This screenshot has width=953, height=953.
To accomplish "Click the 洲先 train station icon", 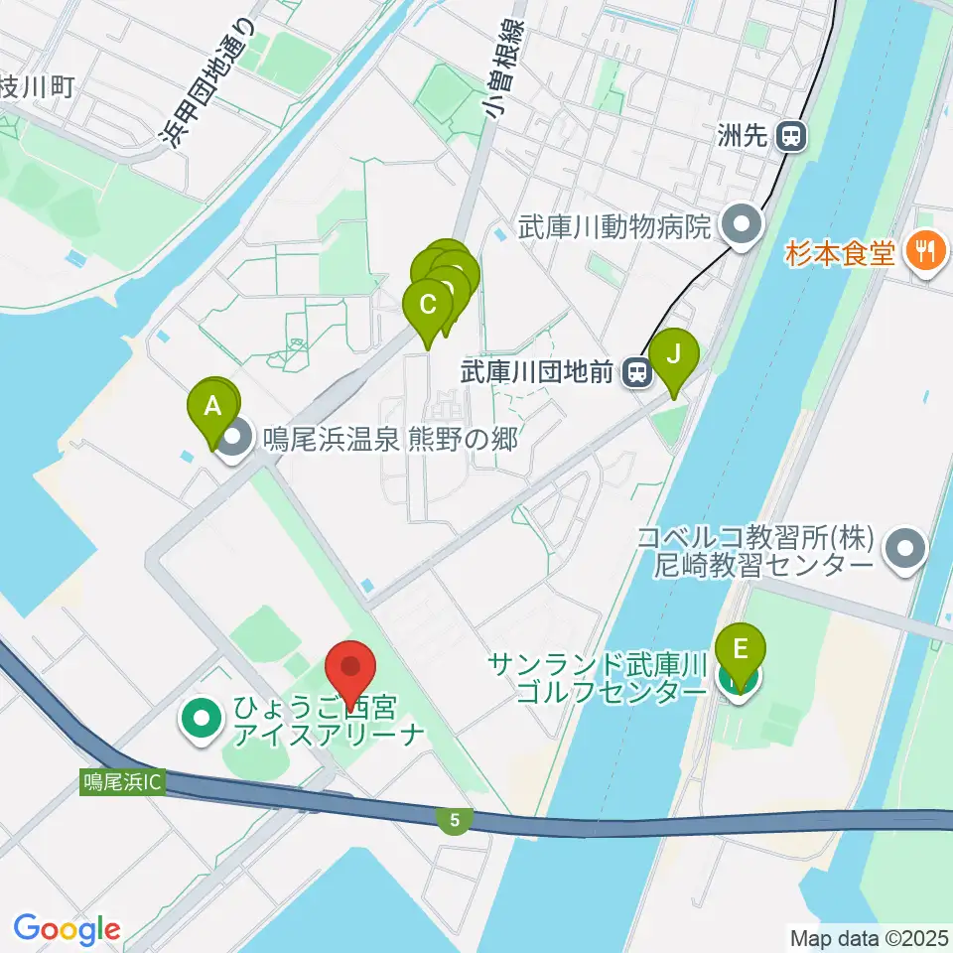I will pyautogui.click(x=792, y=136).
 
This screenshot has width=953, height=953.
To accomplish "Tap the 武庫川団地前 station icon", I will pyautogui.click(x=636, y=373).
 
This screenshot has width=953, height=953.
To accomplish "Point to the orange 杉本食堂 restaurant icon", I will pyautogui.click(x=925, y=252).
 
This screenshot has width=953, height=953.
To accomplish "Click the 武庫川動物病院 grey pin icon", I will pyautogui.click(x=740, y=227).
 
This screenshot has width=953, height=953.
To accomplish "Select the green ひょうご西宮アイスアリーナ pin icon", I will pyautogui.click(x=202, y=719).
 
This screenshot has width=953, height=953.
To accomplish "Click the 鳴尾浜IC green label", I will pyautogui.click(x=122, y=782).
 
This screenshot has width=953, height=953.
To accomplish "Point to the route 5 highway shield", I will pyautogui.click(x=454, y=820).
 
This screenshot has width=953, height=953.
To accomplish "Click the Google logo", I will pyautogui.click(x=67, y=929).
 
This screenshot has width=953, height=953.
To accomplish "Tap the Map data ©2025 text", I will pyautogui.click(x=869, y=937).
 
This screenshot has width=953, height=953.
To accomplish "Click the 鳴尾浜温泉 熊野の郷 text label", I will pyautogui.click(x=389, y=439).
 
